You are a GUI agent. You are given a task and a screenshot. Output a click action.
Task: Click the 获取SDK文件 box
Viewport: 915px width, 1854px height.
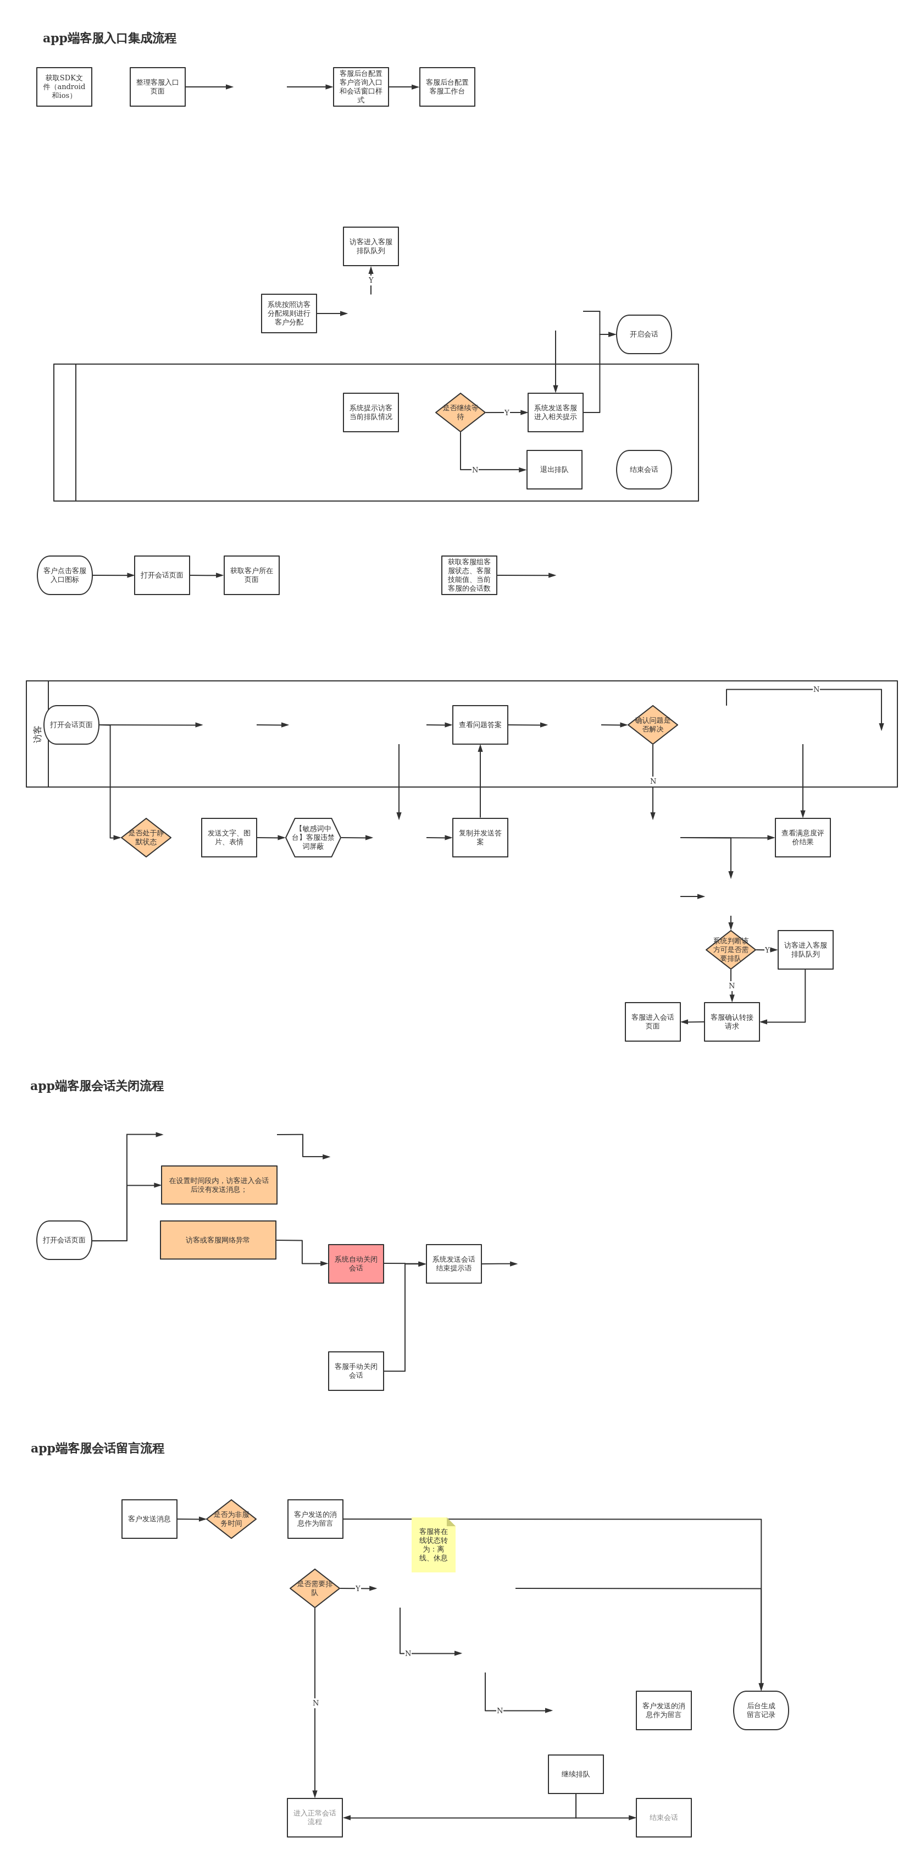(64, 87)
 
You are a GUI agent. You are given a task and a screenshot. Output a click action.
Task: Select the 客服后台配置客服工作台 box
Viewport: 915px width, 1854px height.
(447, 87)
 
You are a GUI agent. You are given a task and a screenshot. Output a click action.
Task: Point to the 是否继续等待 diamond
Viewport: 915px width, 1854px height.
(461, 412)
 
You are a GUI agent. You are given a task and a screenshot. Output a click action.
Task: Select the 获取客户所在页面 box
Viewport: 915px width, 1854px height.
(251, 575)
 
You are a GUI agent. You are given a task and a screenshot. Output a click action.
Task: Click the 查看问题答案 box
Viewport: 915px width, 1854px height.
(480, 725)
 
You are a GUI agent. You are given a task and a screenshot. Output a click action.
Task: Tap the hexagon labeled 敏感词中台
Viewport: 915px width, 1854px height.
(313, 838)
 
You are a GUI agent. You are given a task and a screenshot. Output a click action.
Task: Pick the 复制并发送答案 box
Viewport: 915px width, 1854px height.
(480, 838)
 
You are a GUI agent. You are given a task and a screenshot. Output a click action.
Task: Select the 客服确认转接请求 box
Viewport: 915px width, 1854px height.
(731, 1022)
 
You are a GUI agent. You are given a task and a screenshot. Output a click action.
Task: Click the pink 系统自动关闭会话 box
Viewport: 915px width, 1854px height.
(356, 1264)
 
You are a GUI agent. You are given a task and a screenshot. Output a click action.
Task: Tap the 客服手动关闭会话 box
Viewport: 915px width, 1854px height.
(356, 1371)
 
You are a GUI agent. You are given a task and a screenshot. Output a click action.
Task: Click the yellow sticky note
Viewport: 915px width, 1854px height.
(433, 1544)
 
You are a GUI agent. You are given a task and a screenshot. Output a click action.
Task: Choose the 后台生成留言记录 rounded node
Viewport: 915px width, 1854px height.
(761, 1710)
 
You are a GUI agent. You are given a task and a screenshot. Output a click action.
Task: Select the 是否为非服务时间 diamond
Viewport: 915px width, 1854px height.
(231, 1519)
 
